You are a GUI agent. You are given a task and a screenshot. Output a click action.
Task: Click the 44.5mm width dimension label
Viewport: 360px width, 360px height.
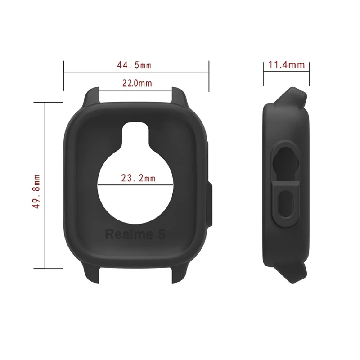coord(134,65)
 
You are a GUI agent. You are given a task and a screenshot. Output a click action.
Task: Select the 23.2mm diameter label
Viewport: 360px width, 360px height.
coord(138,178)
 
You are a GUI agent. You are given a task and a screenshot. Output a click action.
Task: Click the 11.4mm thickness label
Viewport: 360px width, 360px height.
coord(286,65)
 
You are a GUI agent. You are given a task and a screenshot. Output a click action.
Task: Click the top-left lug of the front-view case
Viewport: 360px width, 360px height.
coord(92,95)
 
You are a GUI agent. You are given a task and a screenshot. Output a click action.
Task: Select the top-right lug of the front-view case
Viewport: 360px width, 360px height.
coord(180,95)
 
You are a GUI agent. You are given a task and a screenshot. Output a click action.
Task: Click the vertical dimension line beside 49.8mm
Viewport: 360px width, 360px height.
coord(45,185)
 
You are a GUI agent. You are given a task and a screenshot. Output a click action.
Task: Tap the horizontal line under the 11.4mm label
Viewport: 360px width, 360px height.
coord(286,72)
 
